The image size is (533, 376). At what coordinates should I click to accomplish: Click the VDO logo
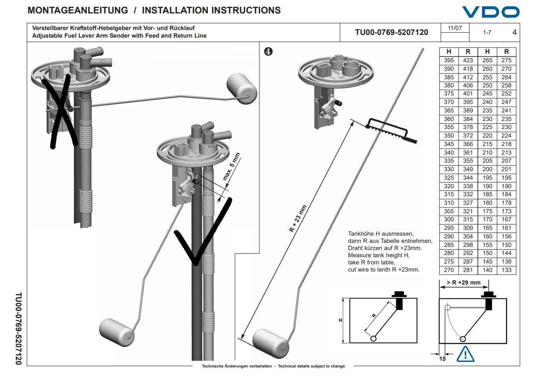pos(490,12)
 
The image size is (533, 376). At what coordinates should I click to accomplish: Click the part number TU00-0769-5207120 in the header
pos(391,32)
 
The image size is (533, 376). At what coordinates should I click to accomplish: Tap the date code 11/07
pos(455,28)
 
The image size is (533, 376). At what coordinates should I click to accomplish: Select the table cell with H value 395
pos(448,61)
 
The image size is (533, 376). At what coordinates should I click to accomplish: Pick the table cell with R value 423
pos(468,61)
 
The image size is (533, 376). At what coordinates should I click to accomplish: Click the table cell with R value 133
pos(507,270)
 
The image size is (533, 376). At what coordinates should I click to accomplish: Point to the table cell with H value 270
pos(448,270)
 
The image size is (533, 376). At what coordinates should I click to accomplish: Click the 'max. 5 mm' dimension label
pos(232,167)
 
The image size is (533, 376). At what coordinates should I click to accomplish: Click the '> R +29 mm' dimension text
pos(463,283)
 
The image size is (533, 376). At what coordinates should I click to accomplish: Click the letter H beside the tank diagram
pos(340,320)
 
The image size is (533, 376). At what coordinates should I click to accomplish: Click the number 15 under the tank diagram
pos(442,359)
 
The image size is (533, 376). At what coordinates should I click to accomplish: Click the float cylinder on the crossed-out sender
pos(241,89)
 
